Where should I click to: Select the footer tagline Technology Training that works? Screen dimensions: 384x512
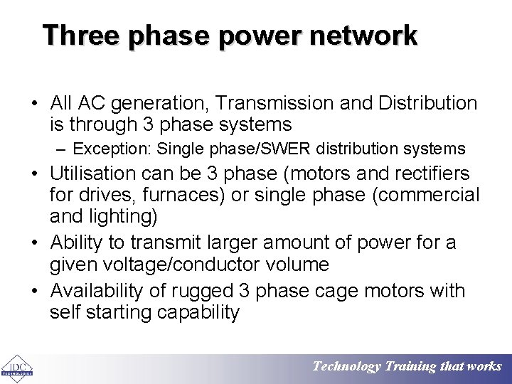[x=407, y=367]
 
